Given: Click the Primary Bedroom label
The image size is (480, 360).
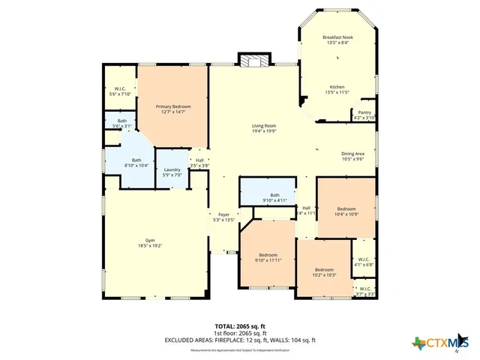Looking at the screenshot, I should click(173, 110).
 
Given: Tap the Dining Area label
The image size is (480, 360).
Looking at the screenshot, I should click(352, 156).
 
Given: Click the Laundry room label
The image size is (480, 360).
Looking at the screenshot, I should click(172, 172).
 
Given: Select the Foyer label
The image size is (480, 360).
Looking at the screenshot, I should click(223, 217).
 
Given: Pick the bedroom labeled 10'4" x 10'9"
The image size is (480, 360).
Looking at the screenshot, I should click(346, 211).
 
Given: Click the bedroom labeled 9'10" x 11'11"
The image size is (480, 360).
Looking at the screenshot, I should click(268, 257).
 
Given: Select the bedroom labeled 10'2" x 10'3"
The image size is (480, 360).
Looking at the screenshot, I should click(324, 272).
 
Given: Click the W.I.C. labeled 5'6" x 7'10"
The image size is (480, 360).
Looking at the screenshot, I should click(120, 92).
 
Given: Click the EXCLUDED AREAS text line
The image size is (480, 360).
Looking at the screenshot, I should click(240, 340).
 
